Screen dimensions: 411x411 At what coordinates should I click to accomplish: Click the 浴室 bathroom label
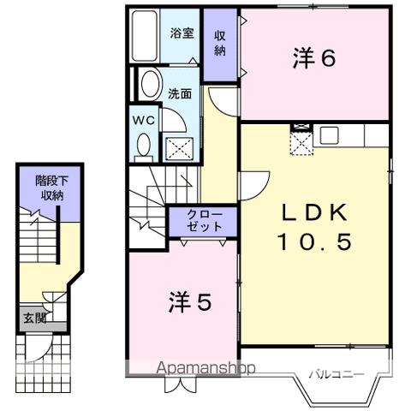point(180,33)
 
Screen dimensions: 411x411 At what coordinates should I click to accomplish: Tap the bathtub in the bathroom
point(146,34)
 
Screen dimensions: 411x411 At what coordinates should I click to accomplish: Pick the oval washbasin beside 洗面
point(149,86)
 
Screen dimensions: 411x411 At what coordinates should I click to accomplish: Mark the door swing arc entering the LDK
point(251,184)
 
